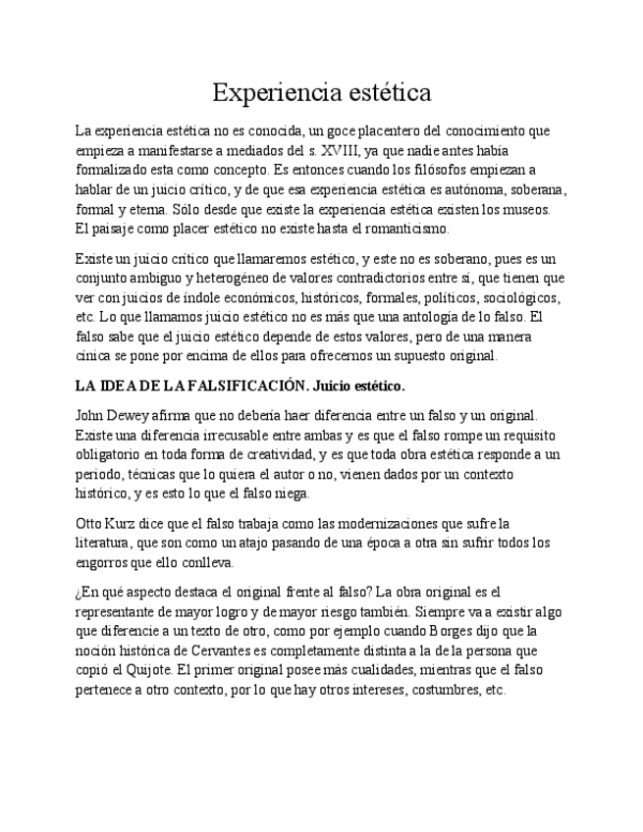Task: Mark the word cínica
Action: pyautogui.click(x=93, y=357)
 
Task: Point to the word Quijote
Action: pyautogui.click(x=151, y=670)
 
